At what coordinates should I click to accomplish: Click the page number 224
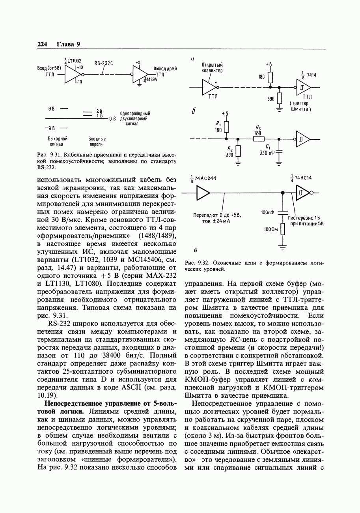point(42,44)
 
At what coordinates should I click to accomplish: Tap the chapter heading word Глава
point(65,44)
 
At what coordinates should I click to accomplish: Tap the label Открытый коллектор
point(212,68)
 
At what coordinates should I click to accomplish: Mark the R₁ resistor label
point(218,123)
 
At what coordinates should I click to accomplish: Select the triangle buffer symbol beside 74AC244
point(203,193)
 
